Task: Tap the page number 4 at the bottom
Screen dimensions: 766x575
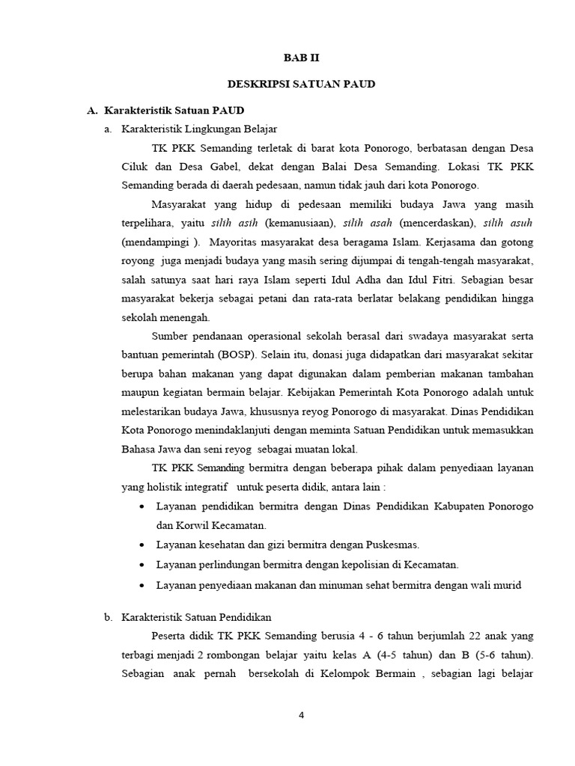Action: point(302,714)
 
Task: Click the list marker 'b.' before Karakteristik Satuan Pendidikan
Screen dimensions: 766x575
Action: point(108,617)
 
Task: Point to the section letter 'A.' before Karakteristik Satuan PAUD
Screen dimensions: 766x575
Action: point(92,111)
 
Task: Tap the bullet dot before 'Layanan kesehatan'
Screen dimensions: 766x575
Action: point(143,545)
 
